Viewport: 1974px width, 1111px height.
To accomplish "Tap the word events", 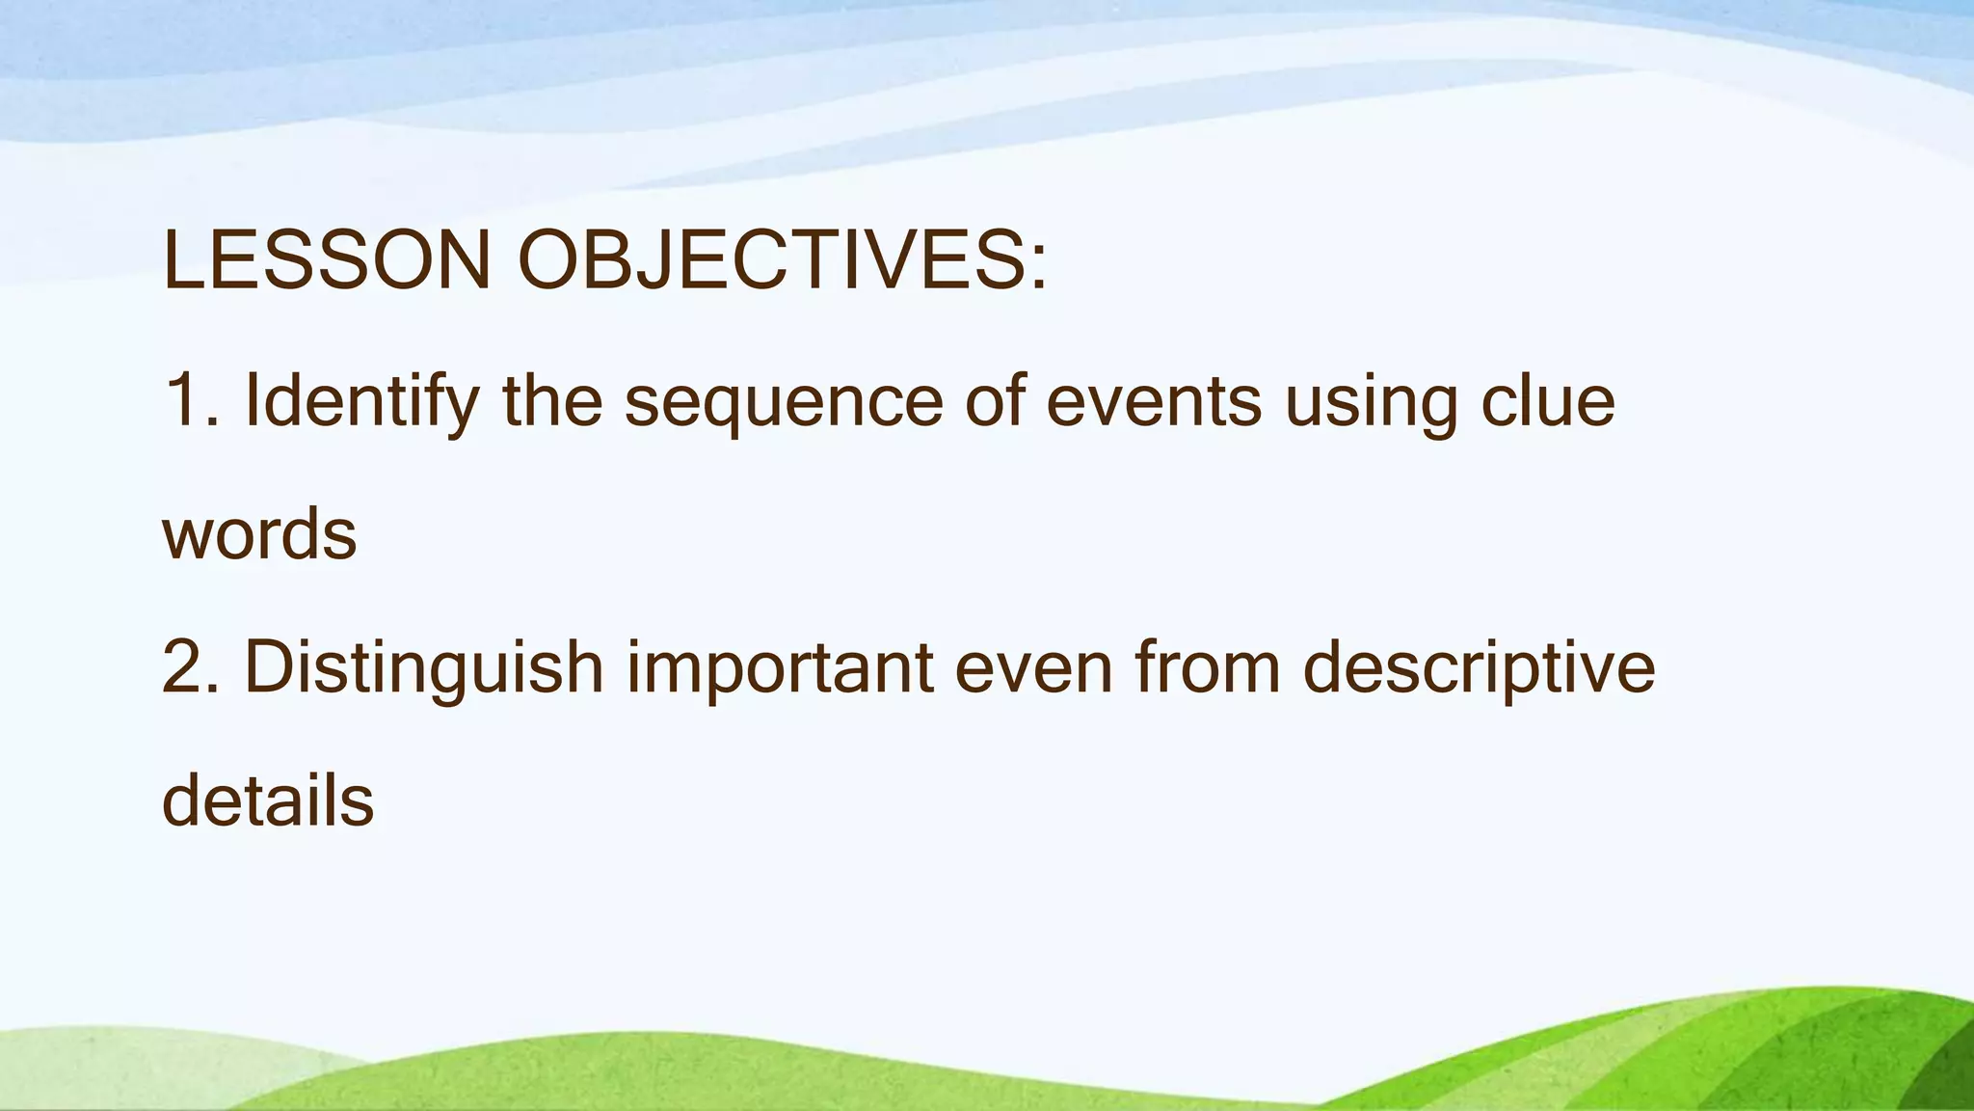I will tap(1154, 401).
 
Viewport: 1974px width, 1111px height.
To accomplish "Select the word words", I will tap(259, 535).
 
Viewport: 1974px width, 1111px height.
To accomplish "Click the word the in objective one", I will tap(552, 400).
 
